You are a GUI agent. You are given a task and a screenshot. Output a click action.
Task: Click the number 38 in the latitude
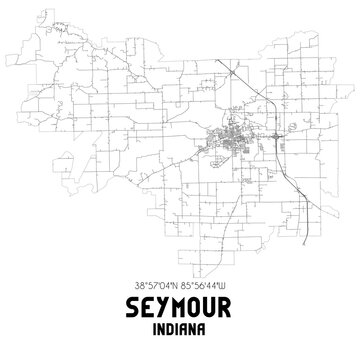pos(129,286)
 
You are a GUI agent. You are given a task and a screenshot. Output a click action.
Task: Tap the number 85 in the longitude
pos(187,286)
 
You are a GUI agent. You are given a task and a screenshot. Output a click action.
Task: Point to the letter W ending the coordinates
pos(234,286)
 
